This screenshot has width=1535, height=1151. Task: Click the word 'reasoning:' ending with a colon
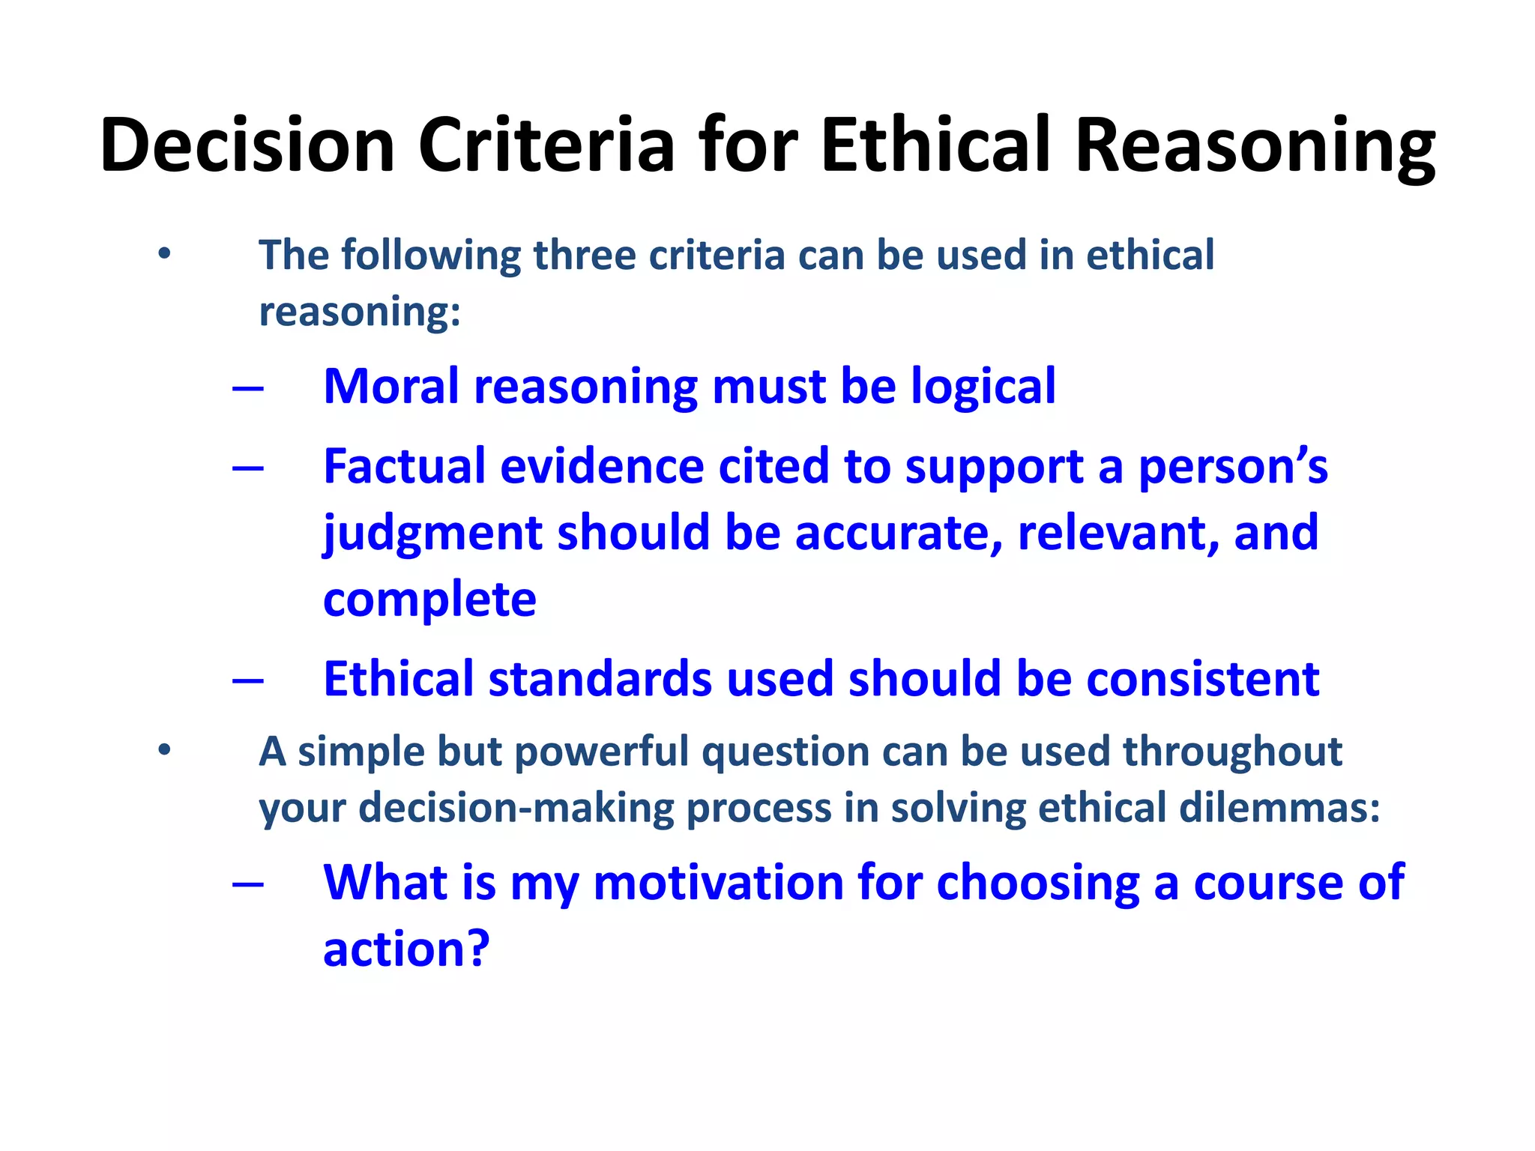coord(360,312)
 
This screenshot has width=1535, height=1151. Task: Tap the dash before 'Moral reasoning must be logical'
coord(248,388)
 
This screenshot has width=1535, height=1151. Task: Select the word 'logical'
coord(983,388)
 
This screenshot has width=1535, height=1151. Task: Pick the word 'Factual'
coord(405,467)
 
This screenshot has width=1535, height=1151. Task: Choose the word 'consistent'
coord(1202,680)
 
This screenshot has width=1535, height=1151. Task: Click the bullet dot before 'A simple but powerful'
coord(164,750)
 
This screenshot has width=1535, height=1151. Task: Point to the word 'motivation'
coord(718,883)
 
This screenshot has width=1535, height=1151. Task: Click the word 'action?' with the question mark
coord(406,949)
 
